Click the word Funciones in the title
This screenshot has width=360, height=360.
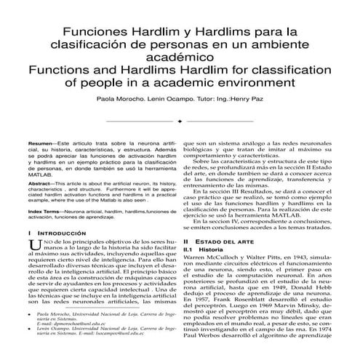click(93, 33)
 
